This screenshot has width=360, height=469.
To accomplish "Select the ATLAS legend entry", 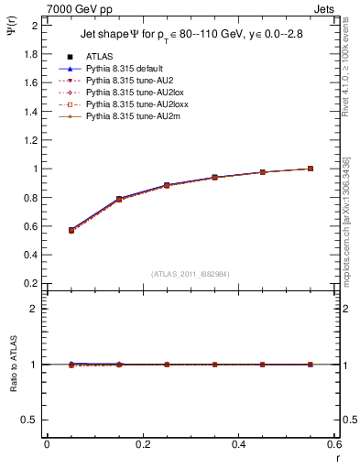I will click(x=98, y=57).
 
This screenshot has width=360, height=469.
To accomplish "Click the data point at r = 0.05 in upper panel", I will click(x=71, y=230).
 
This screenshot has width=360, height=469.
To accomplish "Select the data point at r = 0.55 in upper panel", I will click(x=311, y=169).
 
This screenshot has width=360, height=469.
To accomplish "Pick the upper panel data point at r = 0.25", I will click(x=167, y=185).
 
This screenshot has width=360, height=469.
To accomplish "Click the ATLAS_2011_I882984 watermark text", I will click(x=190, y=274).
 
